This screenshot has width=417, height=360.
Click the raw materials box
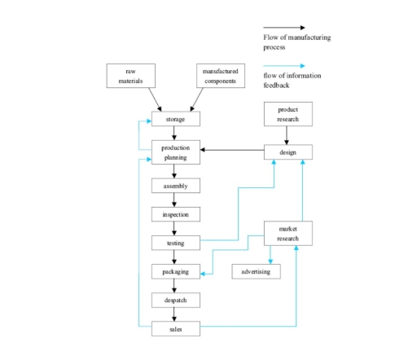pos(130,76)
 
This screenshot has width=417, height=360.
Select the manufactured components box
pos(220,76)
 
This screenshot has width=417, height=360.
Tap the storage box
pos(175,120)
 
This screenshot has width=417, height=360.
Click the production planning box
pos(175,152)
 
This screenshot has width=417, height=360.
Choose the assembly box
pos(175,186)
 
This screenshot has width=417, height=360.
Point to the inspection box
pos(175,214)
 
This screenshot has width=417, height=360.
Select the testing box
pos(175,242)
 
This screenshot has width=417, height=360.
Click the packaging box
pos(175,271)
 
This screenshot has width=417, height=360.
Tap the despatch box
pos(175,300)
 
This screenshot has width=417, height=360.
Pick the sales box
pos(175,328)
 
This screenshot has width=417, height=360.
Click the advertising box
pos(256,271)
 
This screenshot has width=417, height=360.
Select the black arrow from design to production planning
pos(232,150)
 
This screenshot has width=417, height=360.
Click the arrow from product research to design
pos(287,135)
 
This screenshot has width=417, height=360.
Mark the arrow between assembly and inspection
pos(175,200)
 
